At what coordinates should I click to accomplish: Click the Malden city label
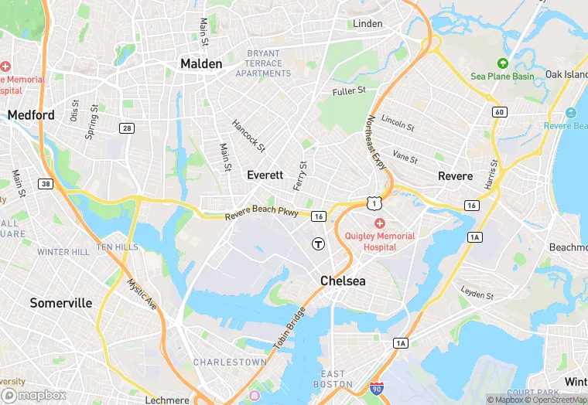[x=201, y=63]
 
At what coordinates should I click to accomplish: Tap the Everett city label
[x=265, y=175]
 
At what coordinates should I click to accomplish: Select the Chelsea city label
[x=343, y=281]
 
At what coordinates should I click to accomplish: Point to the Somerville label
[x=61, y=303]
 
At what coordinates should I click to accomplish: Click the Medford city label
[x=31, y=115]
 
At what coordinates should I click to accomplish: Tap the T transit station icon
[x=317, y=243]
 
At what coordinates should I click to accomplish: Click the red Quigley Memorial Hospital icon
[x=379, y=223]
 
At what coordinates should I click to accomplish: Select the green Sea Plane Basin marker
[x=502, y=63]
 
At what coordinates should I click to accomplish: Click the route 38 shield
[x=46, y=184]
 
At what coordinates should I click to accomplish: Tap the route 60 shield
[x=499, y=112]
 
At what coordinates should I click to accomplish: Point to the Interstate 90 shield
[x=377, y=388]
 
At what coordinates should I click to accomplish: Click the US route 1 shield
[x=375, y=203]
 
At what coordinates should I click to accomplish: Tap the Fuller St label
[x=349, y=91]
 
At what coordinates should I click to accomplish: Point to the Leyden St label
[x=477, y=295]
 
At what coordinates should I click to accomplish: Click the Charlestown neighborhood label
[x=230, y=362]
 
